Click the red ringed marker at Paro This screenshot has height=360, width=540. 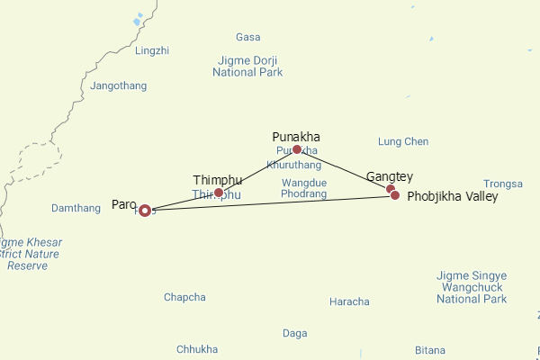point(146,211)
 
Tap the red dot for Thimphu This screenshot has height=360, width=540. point(219,193)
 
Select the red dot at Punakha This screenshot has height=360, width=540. point(297,149)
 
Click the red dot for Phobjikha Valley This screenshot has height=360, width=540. point(395,195)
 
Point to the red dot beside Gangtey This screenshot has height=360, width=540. point(391,189)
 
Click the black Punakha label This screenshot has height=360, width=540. point(296,137)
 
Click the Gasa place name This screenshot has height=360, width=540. point(247,38)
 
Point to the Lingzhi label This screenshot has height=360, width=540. point(151,51)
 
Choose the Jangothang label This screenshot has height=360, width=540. point(119,86)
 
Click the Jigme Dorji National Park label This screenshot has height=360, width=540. point(247,67)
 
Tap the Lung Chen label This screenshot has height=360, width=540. point(403,142)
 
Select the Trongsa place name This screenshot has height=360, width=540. point(503,184)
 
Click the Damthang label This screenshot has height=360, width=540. point(76,209)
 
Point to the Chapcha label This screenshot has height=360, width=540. point(184,298)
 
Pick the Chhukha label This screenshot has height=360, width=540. point(197,349)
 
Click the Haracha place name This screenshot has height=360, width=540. point(349,301)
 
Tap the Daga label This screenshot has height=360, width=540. point(295,333)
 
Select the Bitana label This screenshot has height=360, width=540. point(430,350)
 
